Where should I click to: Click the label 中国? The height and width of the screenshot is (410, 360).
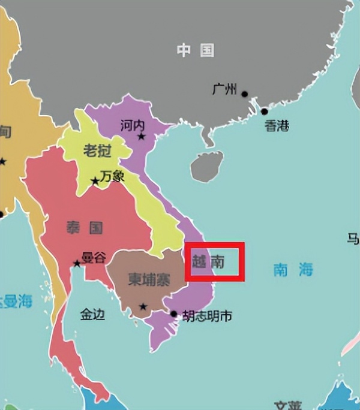click(x=196, y=50)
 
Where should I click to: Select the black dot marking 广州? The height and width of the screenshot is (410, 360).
click(x=245, y=94)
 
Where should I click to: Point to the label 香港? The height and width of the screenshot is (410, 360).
click(x=277, y=126)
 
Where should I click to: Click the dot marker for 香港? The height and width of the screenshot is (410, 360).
click(x=264, y=111)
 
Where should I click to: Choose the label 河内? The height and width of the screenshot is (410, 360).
click(x=133, y=125)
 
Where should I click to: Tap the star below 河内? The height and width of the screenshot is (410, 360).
click(x=142, y=137)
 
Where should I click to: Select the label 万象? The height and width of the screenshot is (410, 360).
click(x=113, y=176)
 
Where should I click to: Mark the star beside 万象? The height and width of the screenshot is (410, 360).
click(x=95, y=180)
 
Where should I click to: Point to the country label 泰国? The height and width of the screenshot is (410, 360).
click(x=85, y=227)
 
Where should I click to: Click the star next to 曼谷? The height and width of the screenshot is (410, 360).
click(x=77, y=263)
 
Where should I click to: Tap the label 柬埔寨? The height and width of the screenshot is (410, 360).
click(x=148, y=279)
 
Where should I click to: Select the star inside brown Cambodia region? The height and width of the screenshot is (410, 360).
click(x=143, y=307)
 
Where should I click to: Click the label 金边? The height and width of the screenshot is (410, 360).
click(x=93, y=313)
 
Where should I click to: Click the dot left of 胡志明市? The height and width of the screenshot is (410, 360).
click(x=174, y=313)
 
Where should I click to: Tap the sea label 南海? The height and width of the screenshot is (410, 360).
click(x=293, y=270)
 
